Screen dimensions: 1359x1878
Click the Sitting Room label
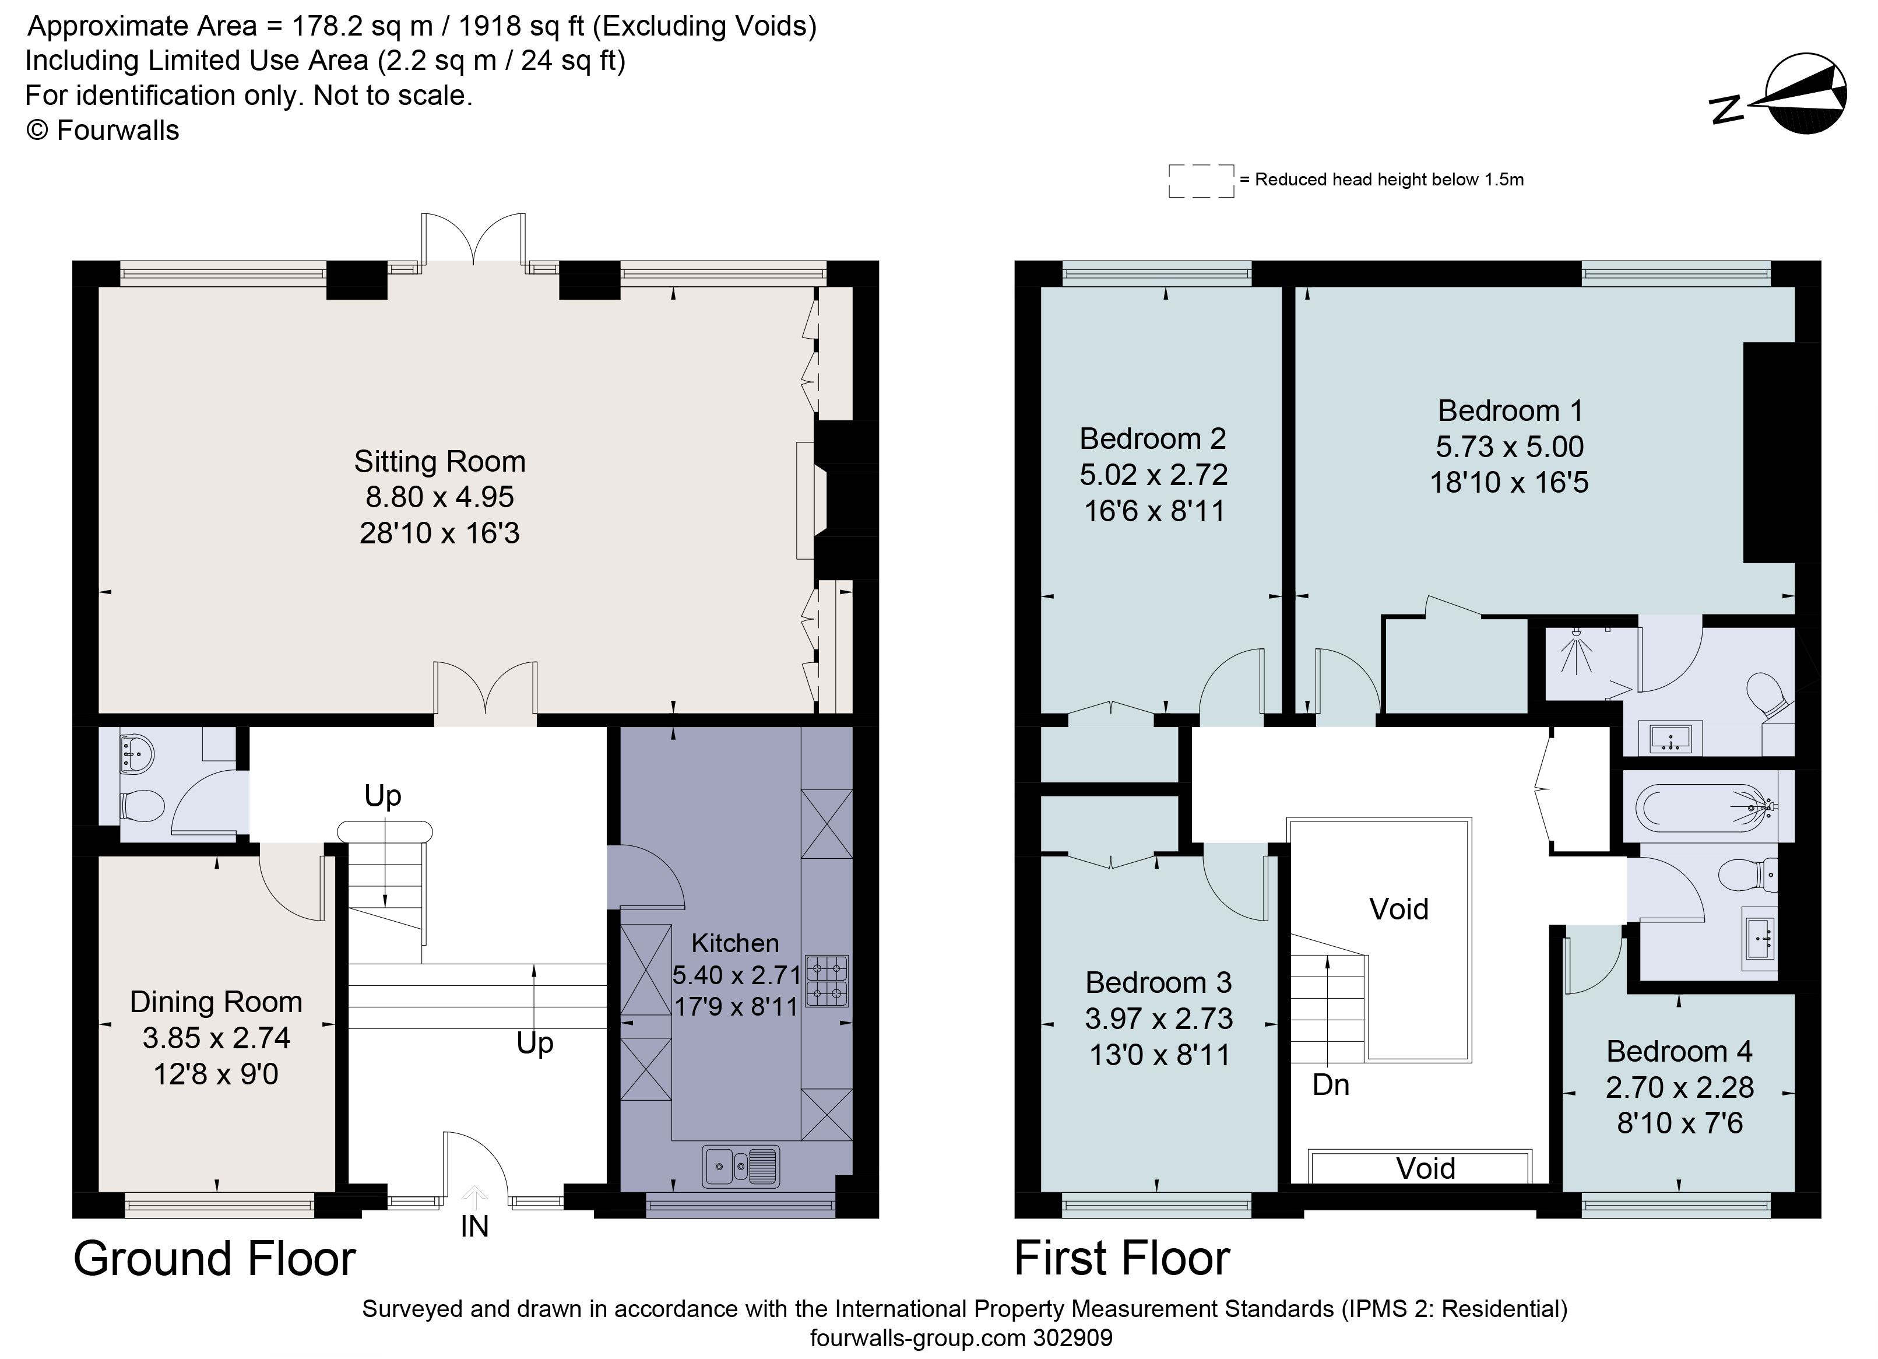[439, 461]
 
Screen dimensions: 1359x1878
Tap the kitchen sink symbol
[740, 1166]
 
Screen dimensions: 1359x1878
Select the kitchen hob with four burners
[827, 981]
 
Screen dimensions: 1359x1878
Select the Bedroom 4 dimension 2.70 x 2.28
[1679, 1087]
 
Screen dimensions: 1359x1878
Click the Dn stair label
[1331, 1085]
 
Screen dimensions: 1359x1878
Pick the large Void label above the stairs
[1398, 909]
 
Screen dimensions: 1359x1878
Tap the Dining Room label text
[216, 1002]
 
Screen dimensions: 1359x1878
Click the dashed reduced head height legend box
[1201, 181]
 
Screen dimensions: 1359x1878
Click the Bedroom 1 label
[1510, 411]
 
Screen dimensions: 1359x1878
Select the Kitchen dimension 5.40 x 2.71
[736, 975]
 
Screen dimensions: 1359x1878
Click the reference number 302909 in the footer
[1073, 1338]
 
